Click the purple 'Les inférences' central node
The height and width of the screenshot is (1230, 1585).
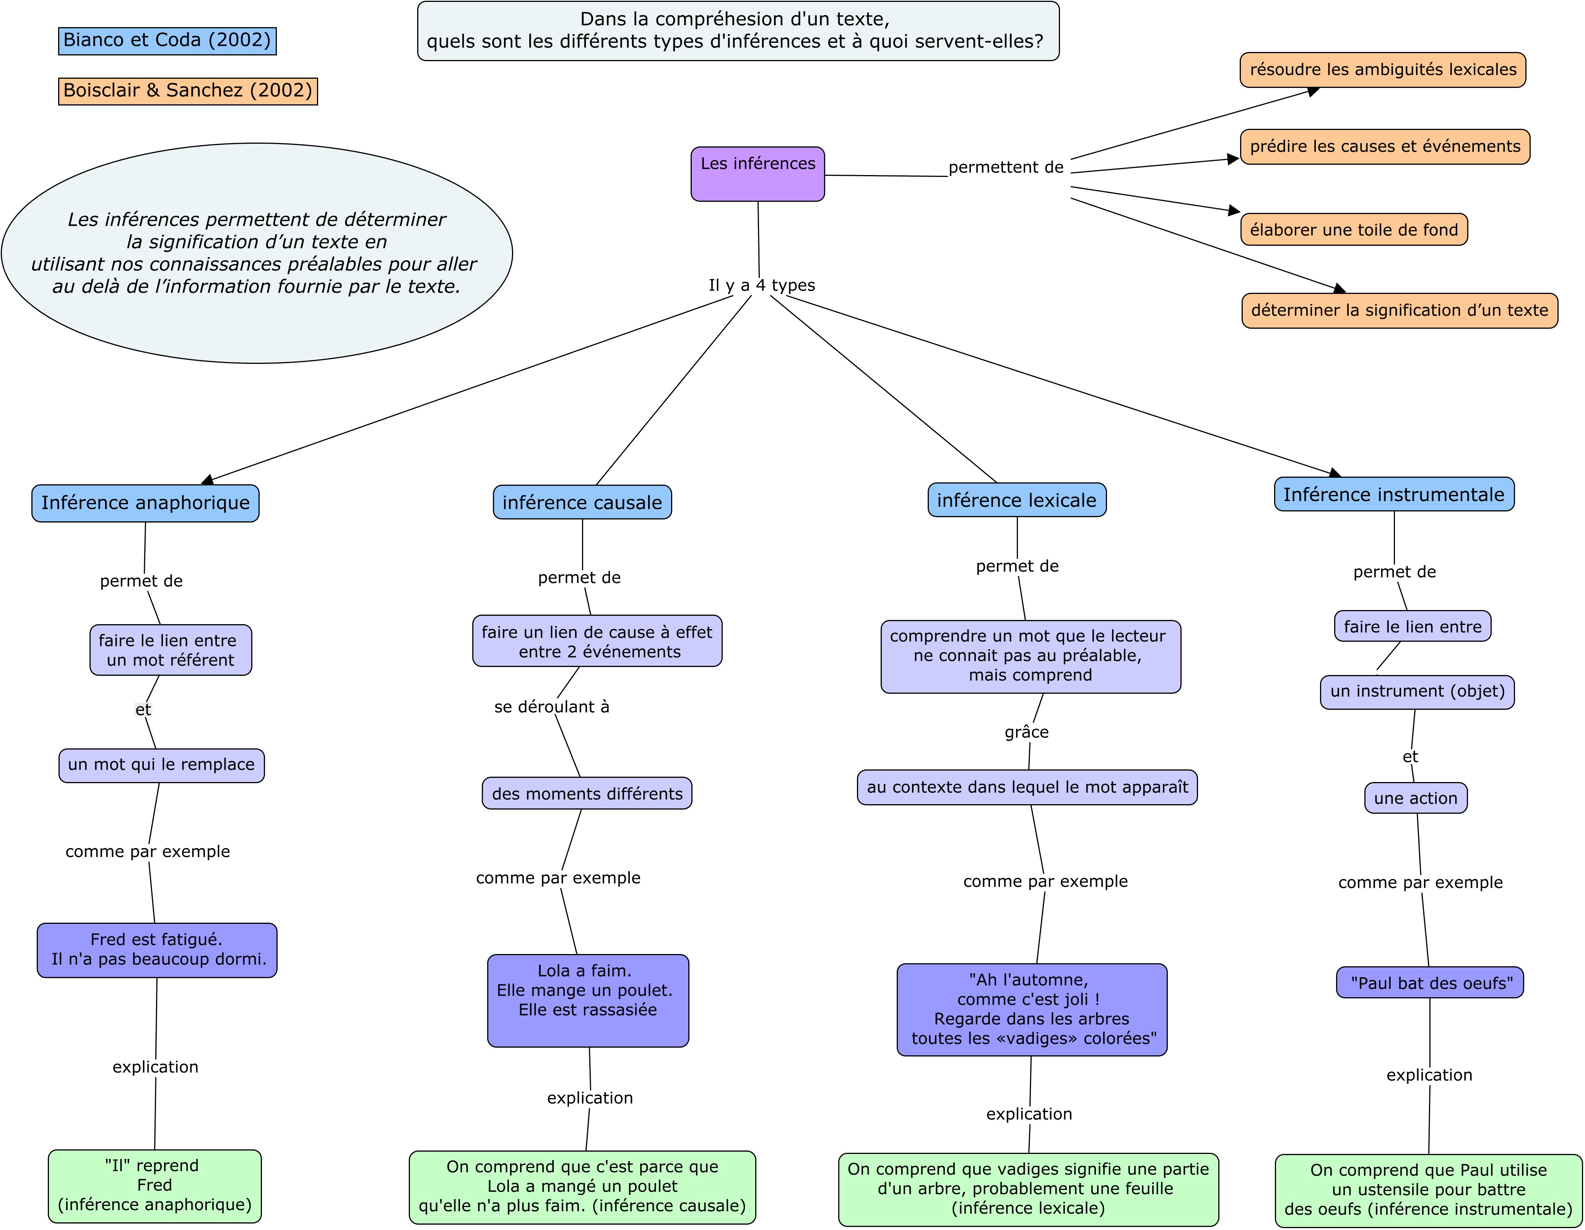[758, 174]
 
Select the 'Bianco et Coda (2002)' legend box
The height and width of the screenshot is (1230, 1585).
[167, 41]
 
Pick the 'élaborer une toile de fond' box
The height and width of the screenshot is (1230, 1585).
[1354, 230]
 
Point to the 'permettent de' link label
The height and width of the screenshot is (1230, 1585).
[1006, 167]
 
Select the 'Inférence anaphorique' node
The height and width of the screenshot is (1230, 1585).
[145, 503]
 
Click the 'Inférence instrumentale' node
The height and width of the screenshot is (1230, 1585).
[1394, 495]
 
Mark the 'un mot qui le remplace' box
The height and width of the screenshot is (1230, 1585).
[161, 765]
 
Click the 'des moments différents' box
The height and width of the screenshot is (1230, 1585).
[587, 794]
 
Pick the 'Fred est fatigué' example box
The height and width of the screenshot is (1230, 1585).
[157, 950]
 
